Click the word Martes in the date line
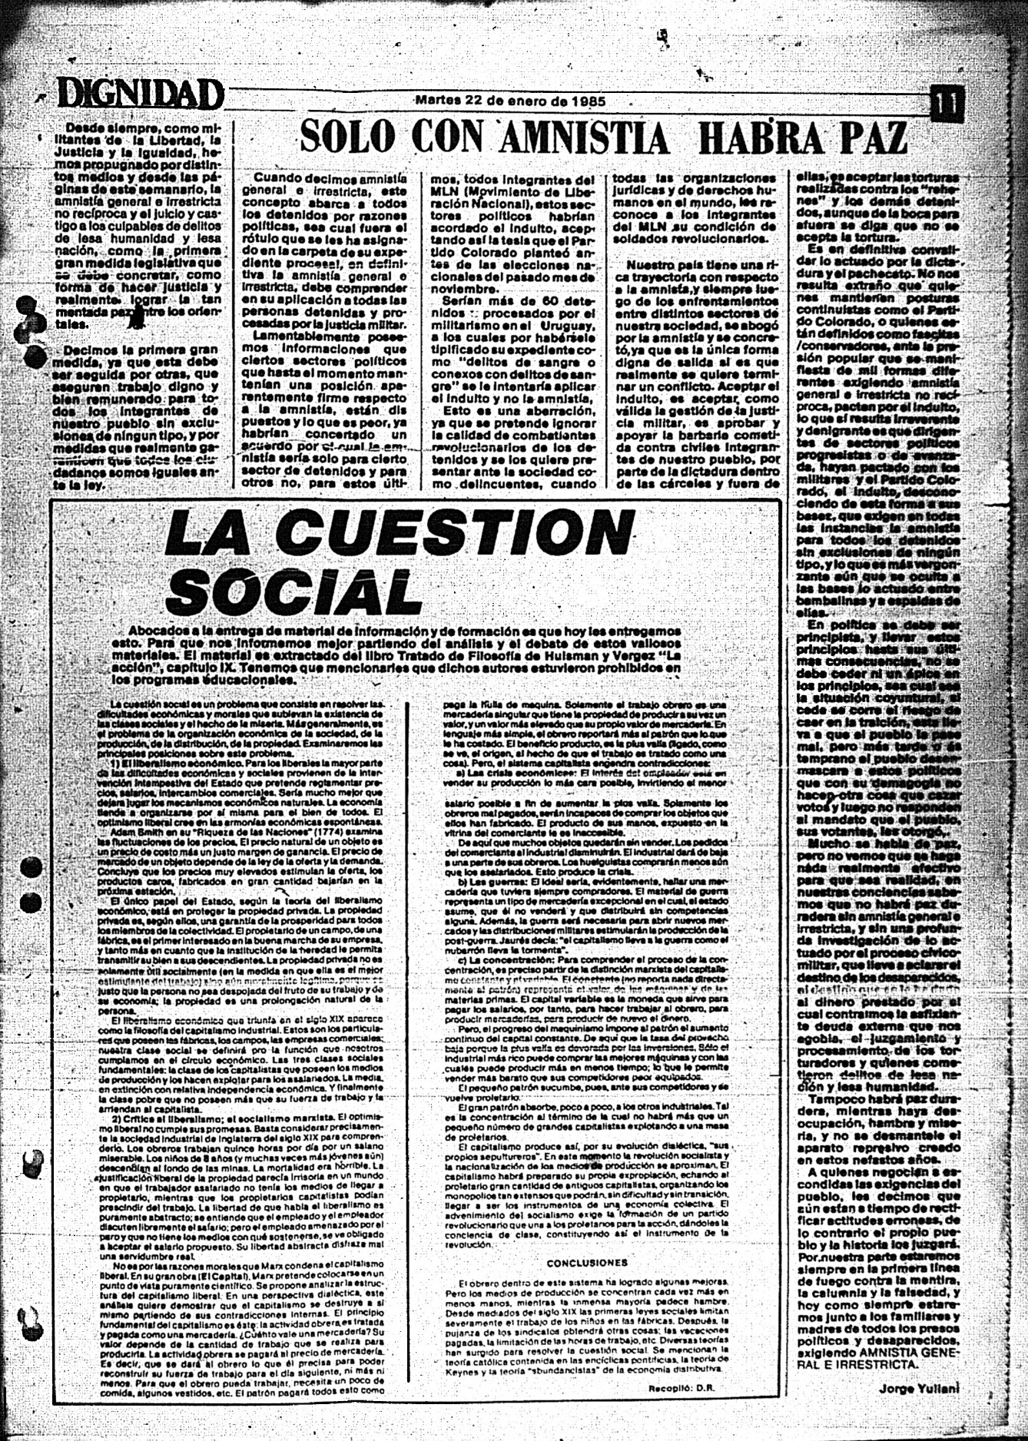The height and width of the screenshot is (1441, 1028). coord(439,101)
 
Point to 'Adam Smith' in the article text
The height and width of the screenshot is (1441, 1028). coord(134,833)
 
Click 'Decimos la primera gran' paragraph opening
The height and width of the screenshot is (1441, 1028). coord(138,349)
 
